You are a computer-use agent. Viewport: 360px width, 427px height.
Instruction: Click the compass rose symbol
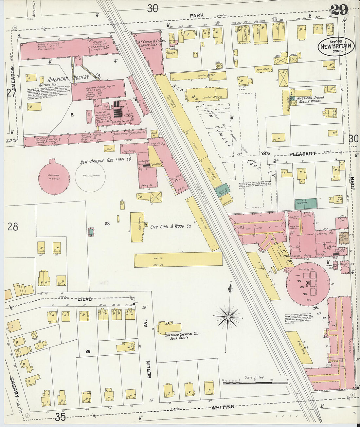tap(228, 317)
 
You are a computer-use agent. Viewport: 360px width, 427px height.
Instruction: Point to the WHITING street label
tap(223, 407)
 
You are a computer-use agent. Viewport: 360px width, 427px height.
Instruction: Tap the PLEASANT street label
tap(302, 153)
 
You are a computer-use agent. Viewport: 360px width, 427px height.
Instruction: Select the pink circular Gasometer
tap(54, 177)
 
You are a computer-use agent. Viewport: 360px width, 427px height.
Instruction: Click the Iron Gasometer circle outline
tap(90, 177)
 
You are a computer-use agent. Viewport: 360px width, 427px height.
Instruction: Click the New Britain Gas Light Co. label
tap(106, 159)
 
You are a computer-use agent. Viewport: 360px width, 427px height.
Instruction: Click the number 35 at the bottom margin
tap(61, 417)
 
